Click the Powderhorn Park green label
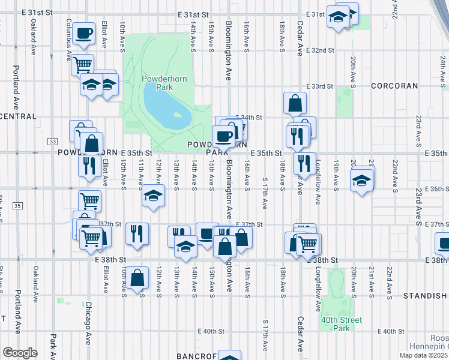[x=157, y=82]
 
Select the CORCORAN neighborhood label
[x=394, y=86]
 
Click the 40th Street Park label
[x=342, y=324]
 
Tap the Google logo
[x=20, y=353]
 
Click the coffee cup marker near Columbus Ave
[x=84, y=32]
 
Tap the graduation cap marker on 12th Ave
[x=153, y=196]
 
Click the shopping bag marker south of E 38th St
[x=137, y=277]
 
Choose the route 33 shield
[x=53, y=141]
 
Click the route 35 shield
[x=17, y=206]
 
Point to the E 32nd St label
[x=319, y=50]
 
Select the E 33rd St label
[x=319, y=86]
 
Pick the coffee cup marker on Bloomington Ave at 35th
[x=224, y=136]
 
